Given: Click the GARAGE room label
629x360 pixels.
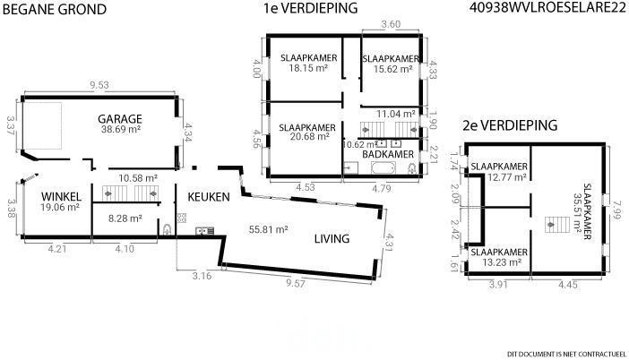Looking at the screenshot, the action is click(120, 119).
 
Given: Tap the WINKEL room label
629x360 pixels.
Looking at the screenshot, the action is click(61, 196).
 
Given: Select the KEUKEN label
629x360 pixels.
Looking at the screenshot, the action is click(209, 197).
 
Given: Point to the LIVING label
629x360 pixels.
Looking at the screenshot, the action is click(332, 238).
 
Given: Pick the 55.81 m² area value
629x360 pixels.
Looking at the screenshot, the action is click(269, 229).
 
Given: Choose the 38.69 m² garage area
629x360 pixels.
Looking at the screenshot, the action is click(121, 129).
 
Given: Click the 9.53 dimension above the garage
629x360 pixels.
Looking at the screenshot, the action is click(99, 85).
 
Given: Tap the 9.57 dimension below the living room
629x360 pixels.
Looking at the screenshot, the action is click(296, 283).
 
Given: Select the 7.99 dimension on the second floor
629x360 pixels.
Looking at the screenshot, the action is click(614, 210).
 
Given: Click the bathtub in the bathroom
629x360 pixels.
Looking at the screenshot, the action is click(383, 168).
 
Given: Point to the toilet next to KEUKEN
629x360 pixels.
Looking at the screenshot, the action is click(167, 230).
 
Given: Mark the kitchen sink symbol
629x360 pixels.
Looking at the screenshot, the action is click(204, 231).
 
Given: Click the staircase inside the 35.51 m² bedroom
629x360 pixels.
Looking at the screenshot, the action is click(557, 225).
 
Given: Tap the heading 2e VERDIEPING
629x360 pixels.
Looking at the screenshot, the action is click(510, 125).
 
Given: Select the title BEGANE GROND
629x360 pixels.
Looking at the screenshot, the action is click(55, 9).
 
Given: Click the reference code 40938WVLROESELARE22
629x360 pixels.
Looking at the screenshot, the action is click(548, 8).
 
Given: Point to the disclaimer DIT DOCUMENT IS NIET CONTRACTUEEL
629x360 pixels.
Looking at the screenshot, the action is click(567, 354).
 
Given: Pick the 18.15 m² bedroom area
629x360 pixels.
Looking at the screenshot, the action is click(308, 68).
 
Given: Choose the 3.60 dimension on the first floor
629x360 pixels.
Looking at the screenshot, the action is click(391, 24).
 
